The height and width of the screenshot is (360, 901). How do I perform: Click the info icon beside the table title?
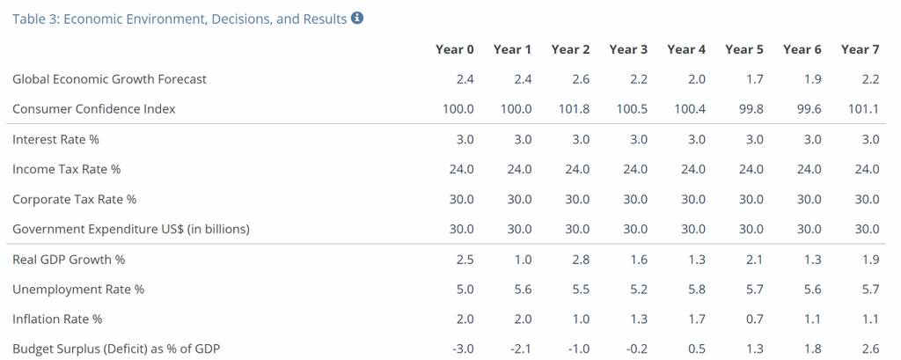(x=357, y=18)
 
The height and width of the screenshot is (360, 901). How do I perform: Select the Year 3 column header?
(x=628, y=49)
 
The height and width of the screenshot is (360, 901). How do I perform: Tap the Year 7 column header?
(x=860, y=49)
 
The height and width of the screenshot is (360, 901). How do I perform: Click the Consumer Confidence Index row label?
(x=93, y=108)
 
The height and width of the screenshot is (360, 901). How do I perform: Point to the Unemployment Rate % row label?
(x=78, y=290)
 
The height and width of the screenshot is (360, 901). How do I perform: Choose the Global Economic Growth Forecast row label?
(x=109, y=79)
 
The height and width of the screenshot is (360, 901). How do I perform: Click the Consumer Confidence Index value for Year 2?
(x=574, y=108)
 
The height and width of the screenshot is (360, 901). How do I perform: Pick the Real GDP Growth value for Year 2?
(x=581, y=260)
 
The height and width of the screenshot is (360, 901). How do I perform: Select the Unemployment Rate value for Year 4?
(x=697, y=290)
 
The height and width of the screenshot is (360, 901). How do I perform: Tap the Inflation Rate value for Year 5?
(x=754, y=320)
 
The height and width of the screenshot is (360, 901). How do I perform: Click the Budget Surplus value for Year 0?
(x=463, y=349)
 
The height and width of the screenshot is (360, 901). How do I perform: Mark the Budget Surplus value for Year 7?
(x=870, y=349)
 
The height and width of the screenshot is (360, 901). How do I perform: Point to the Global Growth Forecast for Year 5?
(x=754, y=79)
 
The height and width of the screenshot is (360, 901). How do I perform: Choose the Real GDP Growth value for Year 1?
(x=523, y=260)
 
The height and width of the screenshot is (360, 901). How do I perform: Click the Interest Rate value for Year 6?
(x=812, y=139)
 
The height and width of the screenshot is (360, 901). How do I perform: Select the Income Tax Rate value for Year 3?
(x=635, y=169)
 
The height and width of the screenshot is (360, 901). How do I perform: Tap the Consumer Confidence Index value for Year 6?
(x=809, y=108)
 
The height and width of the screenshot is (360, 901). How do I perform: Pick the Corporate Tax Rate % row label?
(x=74, y=199)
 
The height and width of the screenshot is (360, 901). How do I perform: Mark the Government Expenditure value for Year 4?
(x=693, y=229)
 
